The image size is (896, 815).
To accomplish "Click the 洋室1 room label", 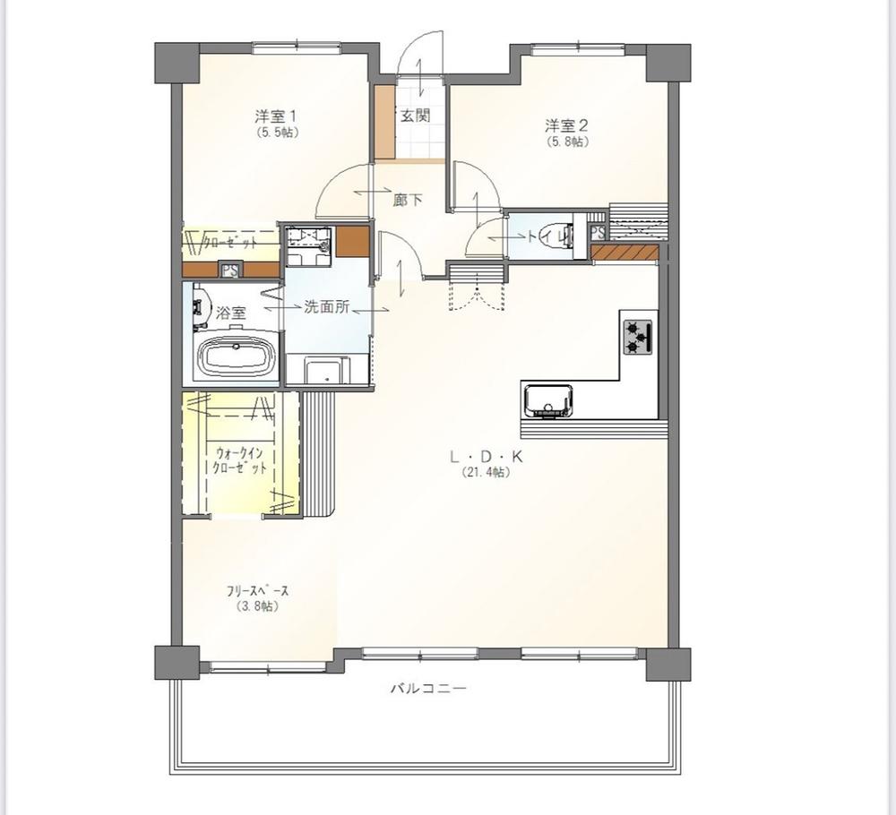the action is tap(275, 116).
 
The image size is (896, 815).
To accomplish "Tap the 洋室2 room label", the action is tap(566, 125).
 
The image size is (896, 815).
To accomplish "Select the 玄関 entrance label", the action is tap(414, 116).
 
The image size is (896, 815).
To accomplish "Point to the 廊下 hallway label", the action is tap(408, 200).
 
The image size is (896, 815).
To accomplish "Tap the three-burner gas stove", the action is tap(638, 337).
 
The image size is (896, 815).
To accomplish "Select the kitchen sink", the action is tap(548, 401).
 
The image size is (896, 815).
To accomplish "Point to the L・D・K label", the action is tap(487, 457).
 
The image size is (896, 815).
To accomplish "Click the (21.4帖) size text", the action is tap(486, 473).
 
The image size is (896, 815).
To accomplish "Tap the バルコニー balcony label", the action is tap(428, 688).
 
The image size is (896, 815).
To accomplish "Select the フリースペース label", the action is tap(258, 591).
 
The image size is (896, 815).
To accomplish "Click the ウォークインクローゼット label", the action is tap(239, 461).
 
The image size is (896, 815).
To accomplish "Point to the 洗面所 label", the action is tap(326, 307).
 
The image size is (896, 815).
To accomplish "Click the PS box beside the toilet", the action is tap(597, 233).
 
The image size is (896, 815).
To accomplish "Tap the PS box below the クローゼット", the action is tap(230, 270).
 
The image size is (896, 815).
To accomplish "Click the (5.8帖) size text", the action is tap(567, 142).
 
